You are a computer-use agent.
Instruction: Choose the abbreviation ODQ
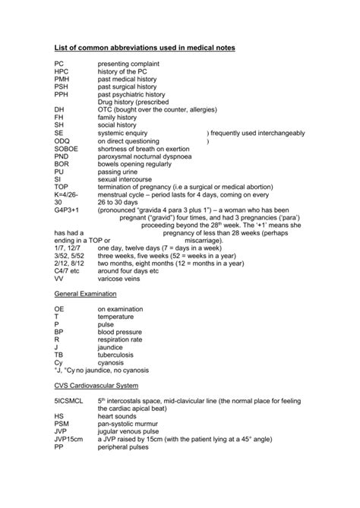pyautogui.click(x=62, y=140)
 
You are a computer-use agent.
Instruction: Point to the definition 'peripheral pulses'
pyautogui.click(x=125, y=448)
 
